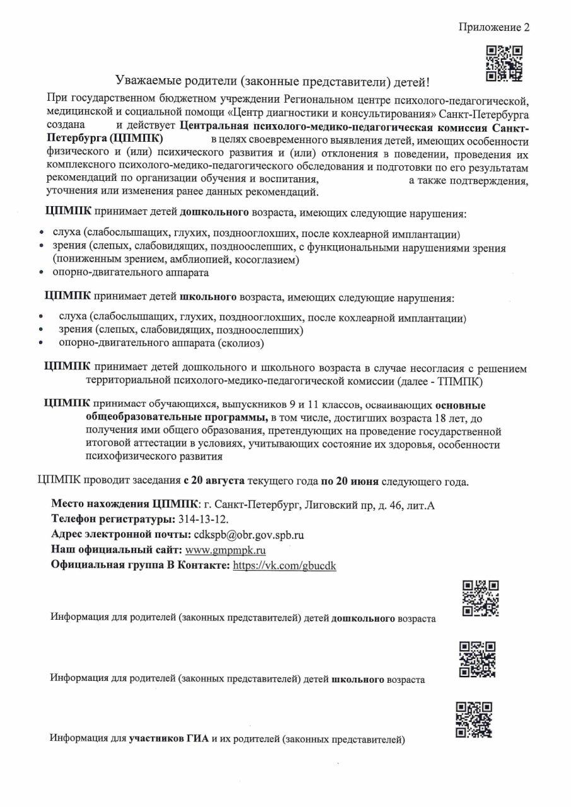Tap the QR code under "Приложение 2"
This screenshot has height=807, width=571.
[505, 63]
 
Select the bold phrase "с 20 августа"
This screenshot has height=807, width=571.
[215, 482]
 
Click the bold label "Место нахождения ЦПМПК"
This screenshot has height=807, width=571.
[124, 504]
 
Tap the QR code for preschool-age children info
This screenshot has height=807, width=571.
[481, 597]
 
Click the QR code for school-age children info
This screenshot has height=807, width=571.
[477, 659]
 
